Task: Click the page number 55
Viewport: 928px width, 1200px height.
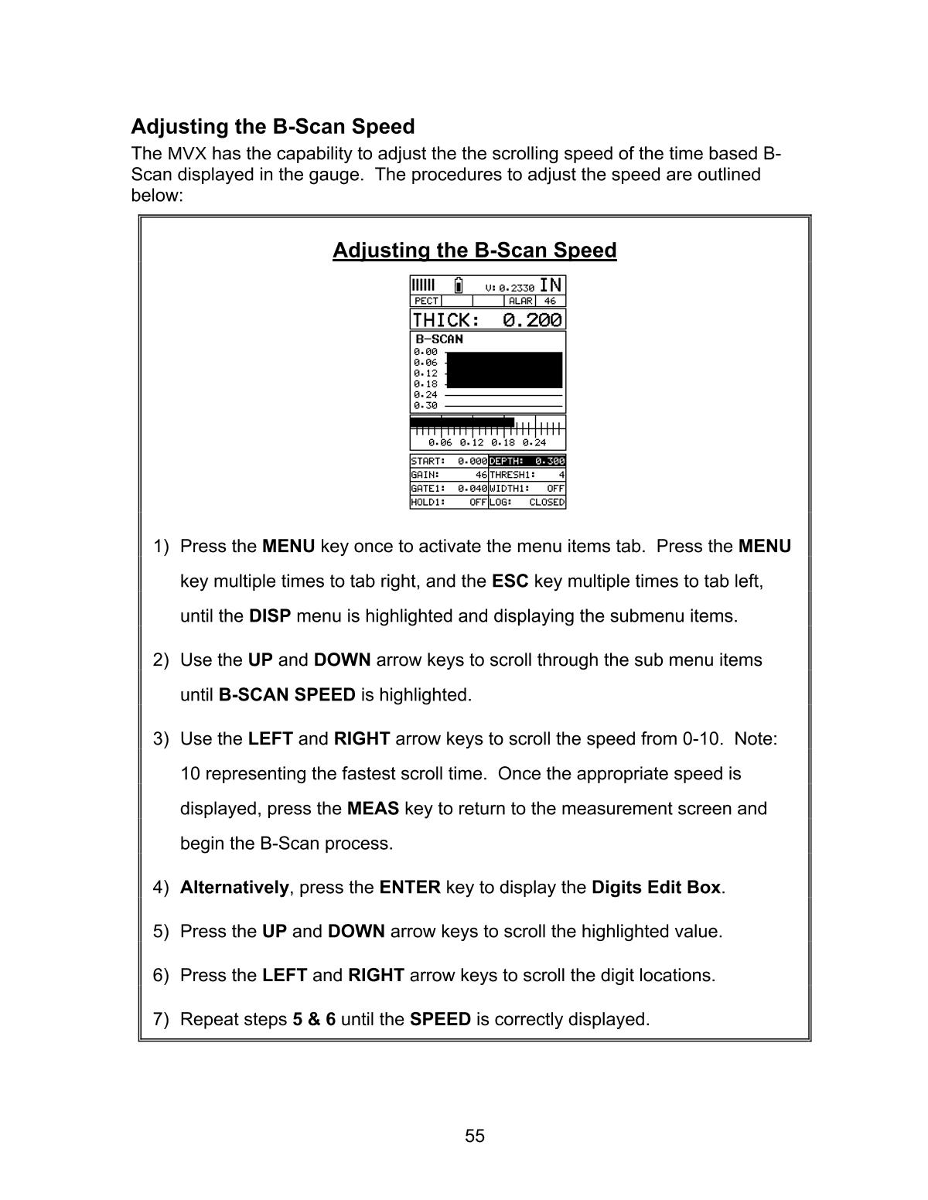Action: coord(475,1136)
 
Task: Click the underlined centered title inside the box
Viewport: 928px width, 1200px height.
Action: coord(474,251)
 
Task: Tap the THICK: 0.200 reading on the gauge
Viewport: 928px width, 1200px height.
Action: coord(487,320)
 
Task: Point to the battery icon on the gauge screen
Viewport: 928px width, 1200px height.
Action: coord(459,285)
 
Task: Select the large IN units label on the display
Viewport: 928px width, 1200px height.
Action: coord(551,285)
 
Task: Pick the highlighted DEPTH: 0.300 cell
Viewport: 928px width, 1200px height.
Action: coord(527,462)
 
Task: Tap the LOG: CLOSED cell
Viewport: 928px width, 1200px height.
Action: coord(527,503)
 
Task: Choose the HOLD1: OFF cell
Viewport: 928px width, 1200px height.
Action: coord(449,503)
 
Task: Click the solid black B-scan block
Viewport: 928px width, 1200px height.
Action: coord(504,370)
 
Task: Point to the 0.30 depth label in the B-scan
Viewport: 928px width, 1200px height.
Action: coord(425,405)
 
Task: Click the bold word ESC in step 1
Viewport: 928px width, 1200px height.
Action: coord(510,581)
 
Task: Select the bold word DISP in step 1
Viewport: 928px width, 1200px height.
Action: coord(270,616)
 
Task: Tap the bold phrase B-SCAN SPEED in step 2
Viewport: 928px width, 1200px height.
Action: coord(287,695)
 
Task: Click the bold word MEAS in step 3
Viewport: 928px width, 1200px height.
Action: coord(373,809)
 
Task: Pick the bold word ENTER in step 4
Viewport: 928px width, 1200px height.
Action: coord(410,888)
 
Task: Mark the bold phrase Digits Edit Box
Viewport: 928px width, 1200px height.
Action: coord(656,888)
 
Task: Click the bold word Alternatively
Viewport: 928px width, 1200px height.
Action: coord(234,888)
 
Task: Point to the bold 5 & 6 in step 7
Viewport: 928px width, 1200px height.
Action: coord(314,1019)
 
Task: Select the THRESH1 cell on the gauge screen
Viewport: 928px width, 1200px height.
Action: coord(527,475)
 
